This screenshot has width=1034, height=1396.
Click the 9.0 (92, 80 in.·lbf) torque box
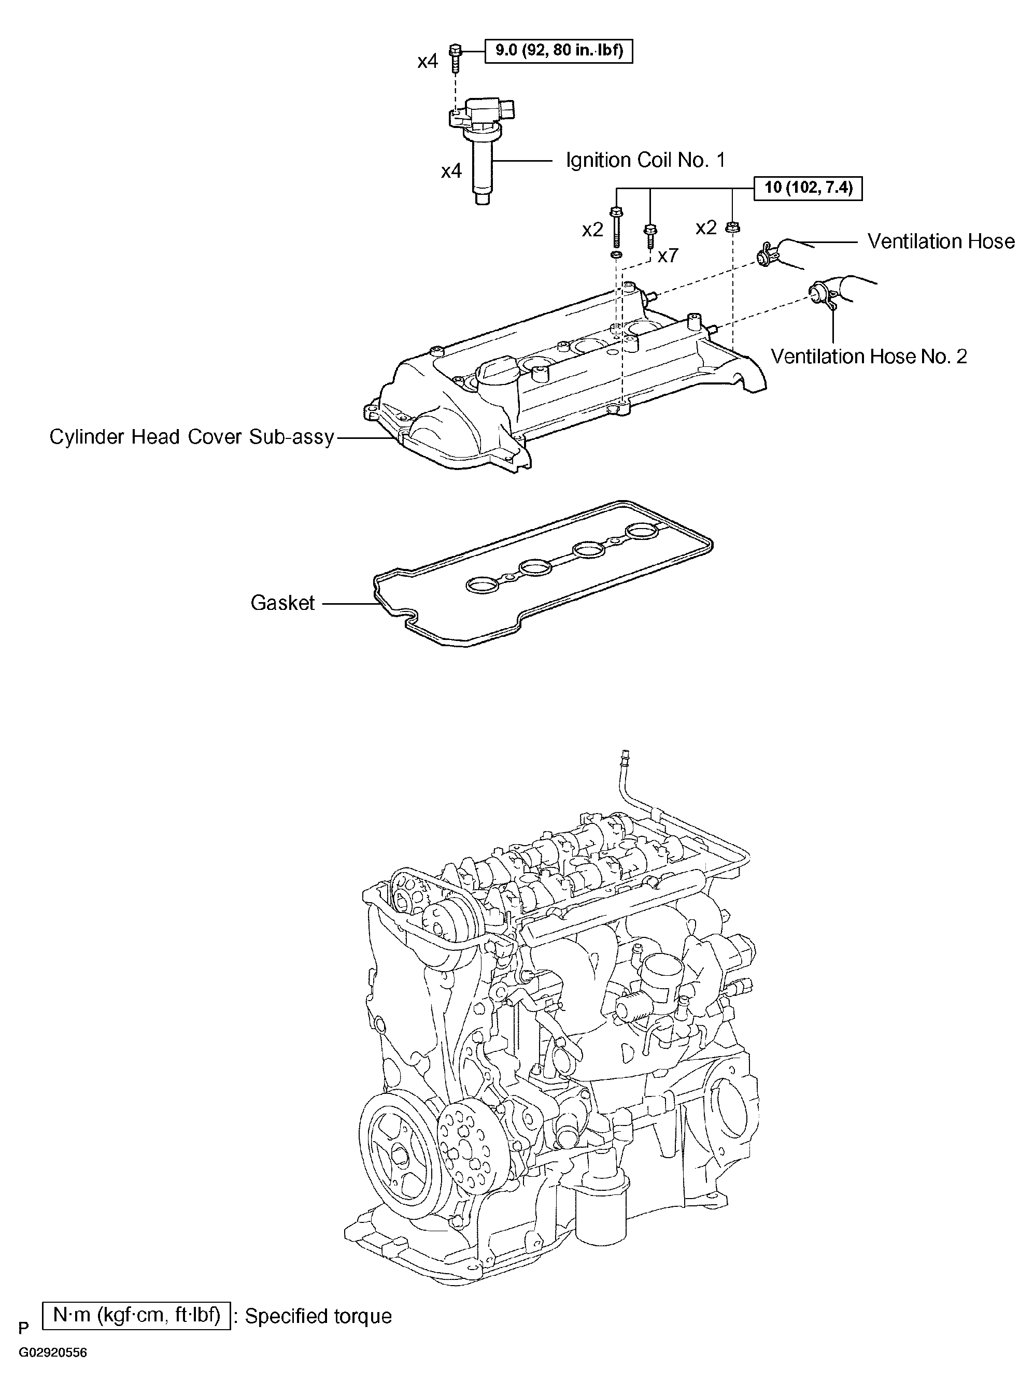[x=558, y=51]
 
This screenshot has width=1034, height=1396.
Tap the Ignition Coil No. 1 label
[x=645, y=160]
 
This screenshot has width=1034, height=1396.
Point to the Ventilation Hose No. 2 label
[x=869, y=356]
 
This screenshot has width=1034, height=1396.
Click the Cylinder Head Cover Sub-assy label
[x=192, y=437]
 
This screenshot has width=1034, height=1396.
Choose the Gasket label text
[x=282, y=603]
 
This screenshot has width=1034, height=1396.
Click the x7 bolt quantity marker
[x=668, y=255]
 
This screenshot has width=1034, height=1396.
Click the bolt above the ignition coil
[x=456, y=58]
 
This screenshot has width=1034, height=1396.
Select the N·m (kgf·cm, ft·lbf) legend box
[x=136, y=1315]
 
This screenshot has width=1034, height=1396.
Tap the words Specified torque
[x=319, y=1317]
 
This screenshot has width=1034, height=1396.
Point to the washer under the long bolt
[x=616, y=256]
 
